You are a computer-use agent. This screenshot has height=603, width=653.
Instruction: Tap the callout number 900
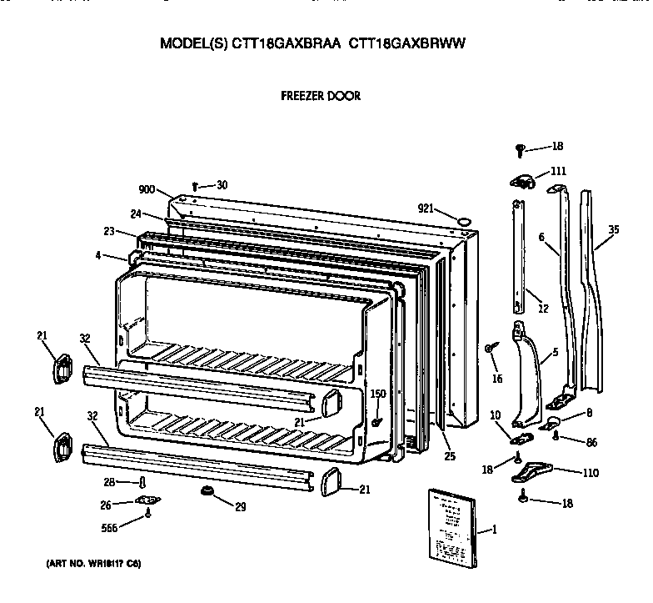coord(147,188)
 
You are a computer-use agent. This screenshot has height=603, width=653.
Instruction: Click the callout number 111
coord(557,172)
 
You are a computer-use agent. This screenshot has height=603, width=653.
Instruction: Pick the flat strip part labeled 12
coord(518,250)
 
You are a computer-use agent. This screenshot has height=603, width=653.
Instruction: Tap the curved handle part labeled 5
coord(524,371)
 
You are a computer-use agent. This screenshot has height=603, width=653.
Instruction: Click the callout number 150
coord(377,394)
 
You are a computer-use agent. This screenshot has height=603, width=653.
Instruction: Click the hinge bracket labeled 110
coord(531,473)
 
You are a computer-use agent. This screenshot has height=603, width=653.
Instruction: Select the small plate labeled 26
coord(148,501)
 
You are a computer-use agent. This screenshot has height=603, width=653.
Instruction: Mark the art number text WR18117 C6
coord(93,565)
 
